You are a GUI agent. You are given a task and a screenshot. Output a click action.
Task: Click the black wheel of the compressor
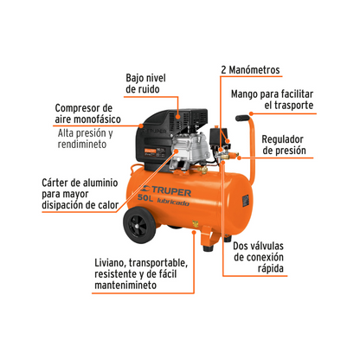tap(140, 225)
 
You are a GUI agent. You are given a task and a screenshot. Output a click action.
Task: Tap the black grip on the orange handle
tap(242, 118)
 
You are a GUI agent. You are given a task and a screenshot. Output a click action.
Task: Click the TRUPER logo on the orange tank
tap(166, 190)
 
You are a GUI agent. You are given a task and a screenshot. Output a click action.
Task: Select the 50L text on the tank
tap(145, 198)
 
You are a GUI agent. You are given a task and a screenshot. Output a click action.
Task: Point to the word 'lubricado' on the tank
tap(173, 202)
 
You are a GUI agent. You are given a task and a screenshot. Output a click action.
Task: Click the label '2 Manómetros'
tap(250, 70)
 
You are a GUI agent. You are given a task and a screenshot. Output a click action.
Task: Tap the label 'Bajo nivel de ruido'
tap(145, 83)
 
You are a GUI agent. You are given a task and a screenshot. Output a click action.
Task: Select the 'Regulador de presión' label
tap(284, 145)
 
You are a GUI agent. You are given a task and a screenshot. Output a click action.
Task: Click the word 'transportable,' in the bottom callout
tap(158, 263)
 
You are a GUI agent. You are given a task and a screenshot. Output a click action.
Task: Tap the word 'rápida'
tap(271, 268)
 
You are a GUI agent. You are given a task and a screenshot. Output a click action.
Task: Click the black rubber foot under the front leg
tap(208, 247)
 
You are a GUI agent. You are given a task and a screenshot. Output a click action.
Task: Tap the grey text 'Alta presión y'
tap(85, 133)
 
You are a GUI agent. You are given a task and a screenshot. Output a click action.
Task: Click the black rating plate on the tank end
tap(246, 200)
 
